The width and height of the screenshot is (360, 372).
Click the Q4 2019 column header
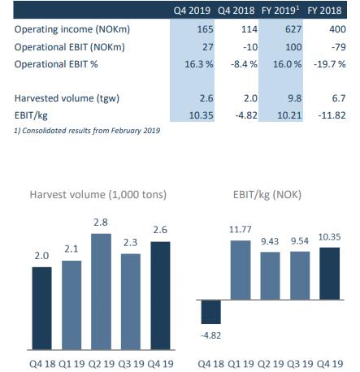pyautogui.click(x=192, y=11)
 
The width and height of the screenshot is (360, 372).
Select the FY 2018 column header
pyautogui.click(x=324, y=11)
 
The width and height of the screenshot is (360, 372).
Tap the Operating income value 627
pyautogui.click(x=293, y=29)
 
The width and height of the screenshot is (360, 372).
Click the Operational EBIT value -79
pyautogui.click(x=338, y=47)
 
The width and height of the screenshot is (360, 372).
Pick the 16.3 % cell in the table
pyautogui.click(x=199, y=64)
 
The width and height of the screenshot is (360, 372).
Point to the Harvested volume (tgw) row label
pyautogui.click(x=67, y=98)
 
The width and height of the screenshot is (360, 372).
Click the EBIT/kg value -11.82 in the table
pyautogui.click(x=332, y=115)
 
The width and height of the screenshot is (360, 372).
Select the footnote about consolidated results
pyautogui.click(x=87, y=131)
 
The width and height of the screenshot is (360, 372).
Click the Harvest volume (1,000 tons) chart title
pyautogui.click(x=98, y=195)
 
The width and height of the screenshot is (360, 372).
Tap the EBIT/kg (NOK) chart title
pyautogui.click(x=267, y=195)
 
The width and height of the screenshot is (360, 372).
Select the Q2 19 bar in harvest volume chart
pyautogui.click(x=101, y=292)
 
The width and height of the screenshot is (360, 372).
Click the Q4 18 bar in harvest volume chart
pyautogui.click(x=41, y=309)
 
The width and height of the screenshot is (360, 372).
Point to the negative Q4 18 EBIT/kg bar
pyautogui.click(x=211, y=312)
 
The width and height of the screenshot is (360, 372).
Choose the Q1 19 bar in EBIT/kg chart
pyautogui.click(x=241, y=270)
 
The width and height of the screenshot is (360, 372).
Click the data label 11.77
pyautogui.click(x=241, y=230)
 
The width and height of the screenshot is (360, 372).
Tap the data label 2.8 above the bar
pyautogui.click(x=101, y=223)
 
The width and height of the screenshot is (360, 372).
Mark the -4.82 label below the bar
pyautogui.click(x=210, y=335)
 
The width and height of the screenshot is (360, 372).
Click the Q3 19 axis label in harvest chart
pyautogui.click(x=131, y=364)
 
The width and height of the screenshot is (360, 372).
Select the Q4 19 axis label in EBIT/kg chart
pyautogui.click(x=330, y=364)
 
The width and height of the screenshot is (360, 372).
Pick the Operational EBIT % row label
pyautogui.click(x=56, y=64)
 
